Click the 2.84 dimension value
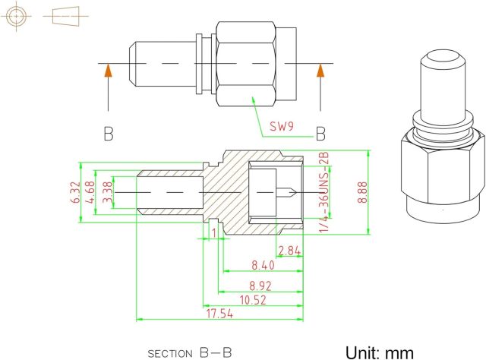tap(291, 251)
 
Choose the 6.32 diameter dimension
tap(74, 191)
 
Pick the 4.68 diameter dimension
tap(90, 191)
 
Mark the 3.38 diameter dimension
tap(107, 192)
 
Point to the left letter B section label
tap(109, 134)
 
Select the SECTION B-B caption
tap(189, 352)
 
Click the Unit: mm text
tap(380, 352)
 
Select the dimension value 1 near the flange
tap(215, 231)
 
